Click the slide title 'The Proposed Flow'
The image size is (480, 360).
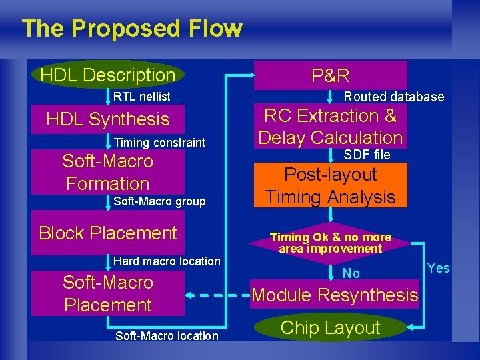coord(132,29)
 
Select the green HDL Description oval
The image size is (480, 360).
coord(108,75)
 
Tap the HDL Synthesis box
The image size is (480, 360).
coord(108,119)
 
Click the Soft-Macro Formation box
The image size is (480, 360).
coord(108,172)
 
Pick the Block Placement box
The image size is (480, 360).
coord(108,233)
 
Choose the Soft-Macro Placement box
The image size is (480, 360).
coord(108,293)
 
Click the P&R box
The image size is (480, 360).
coord(331,75)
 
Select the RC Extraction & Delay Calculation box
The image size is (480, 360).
coord(331,127)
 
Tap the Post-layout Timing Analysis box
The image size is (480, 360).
coord(331,186)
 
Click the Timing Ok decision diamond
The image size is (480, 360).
coord(331,243)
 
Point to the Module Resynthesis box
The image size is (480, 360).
coord(335,295)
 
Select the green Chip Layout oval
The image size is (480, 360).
coord(331,327)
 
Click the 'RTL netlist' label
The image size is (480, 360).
coord(141,97)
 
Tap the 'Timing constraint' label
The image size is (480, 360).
coord(159,142)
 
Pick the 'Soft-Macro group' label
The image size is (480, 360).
coord(159,201)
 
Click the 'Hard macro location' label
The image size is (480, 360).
coord(167,261)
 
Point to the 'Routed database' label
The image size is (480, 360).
coord(393,97)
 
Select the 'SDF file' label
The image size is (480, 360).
coord(367,155)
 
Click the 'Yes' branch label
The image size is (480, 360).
coord(438,268)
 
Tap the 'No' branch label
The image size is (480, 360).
coord(351,273)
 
